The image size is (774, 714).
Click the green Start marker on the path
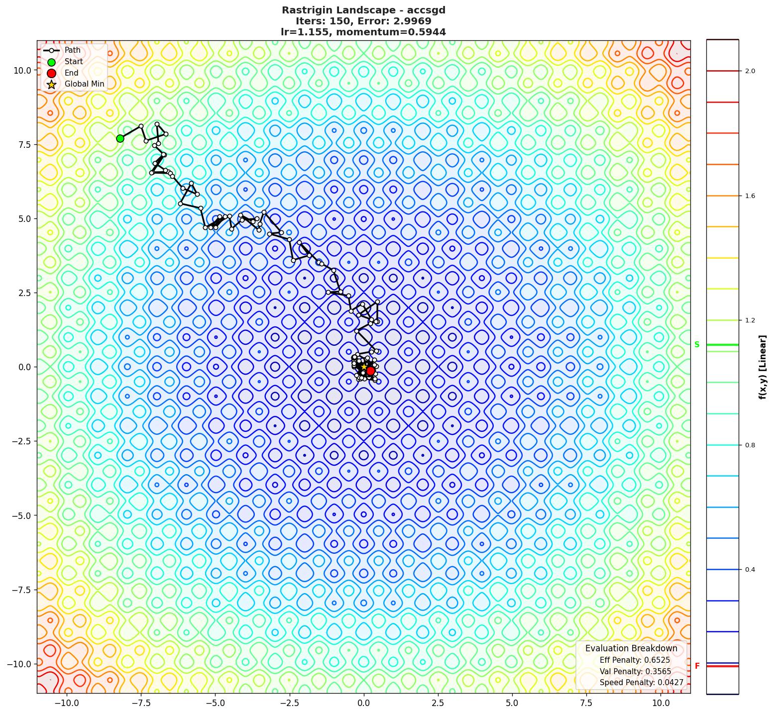pyautogui.click(x=120, y=138)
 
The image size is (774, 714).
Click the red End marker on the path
pyautogui.click(x=370, y=371)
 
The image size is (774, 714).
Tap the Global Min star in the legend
pyautogui.click(x=51, y=84)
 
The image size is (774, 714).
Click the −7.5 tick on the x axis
pyautogui.click(x=141, y=703)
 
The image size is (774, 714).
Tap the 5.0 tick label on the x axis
pyautogui.click(x=512, y=703)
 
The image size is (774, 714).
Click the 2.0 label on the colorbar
pyautogui.click(x=750, y=71)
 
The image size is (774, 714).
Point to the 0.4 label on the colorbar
pyautogui.click(x=750, y=569)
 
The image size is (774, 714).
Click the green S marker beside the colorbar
pyautogui.click(x=697, y=345)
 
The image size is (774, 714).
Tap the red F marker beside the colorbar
pyautogui.click(x=697, y=666)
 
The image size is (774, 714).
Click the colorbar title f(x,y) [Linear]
pyautogui.click(x=762, y=367)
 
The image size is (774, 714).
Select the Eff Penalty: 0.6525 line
pyautogui.click(x=635, y=660)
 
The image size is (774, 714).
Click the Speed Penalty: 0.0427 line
pyautogui.click(x=641, y=683)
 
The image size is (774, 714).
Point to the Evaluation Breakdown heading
pyautogui.click(x=631, y=648)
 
